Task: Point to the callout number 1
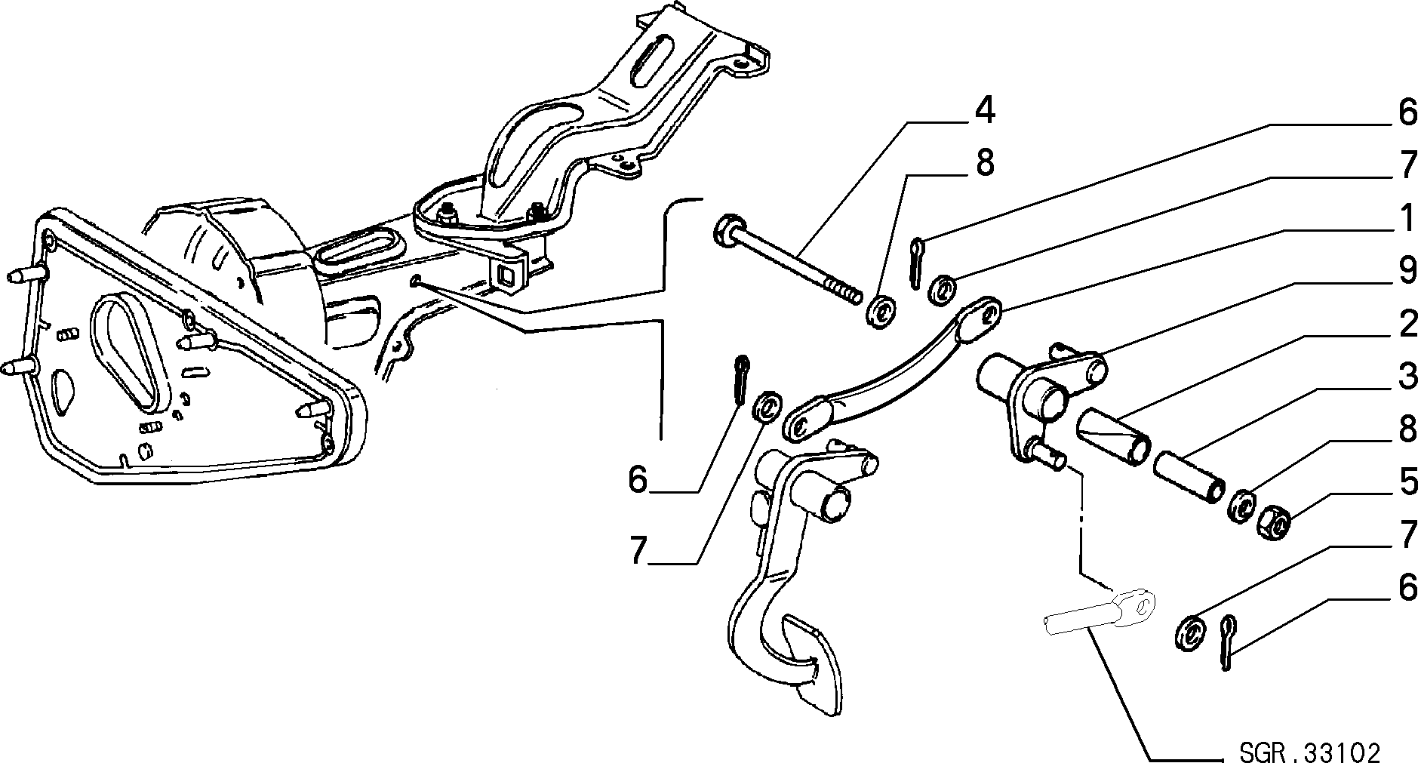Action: [1405, 220]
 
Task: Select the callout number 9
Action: [1405, 271]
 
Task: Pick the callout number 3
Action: [1405, 377]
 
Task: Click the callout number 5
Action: [1405, 483]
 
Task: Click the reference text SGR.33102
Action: [1309, 752]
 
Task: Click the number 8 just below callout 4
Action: [985, 163]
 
